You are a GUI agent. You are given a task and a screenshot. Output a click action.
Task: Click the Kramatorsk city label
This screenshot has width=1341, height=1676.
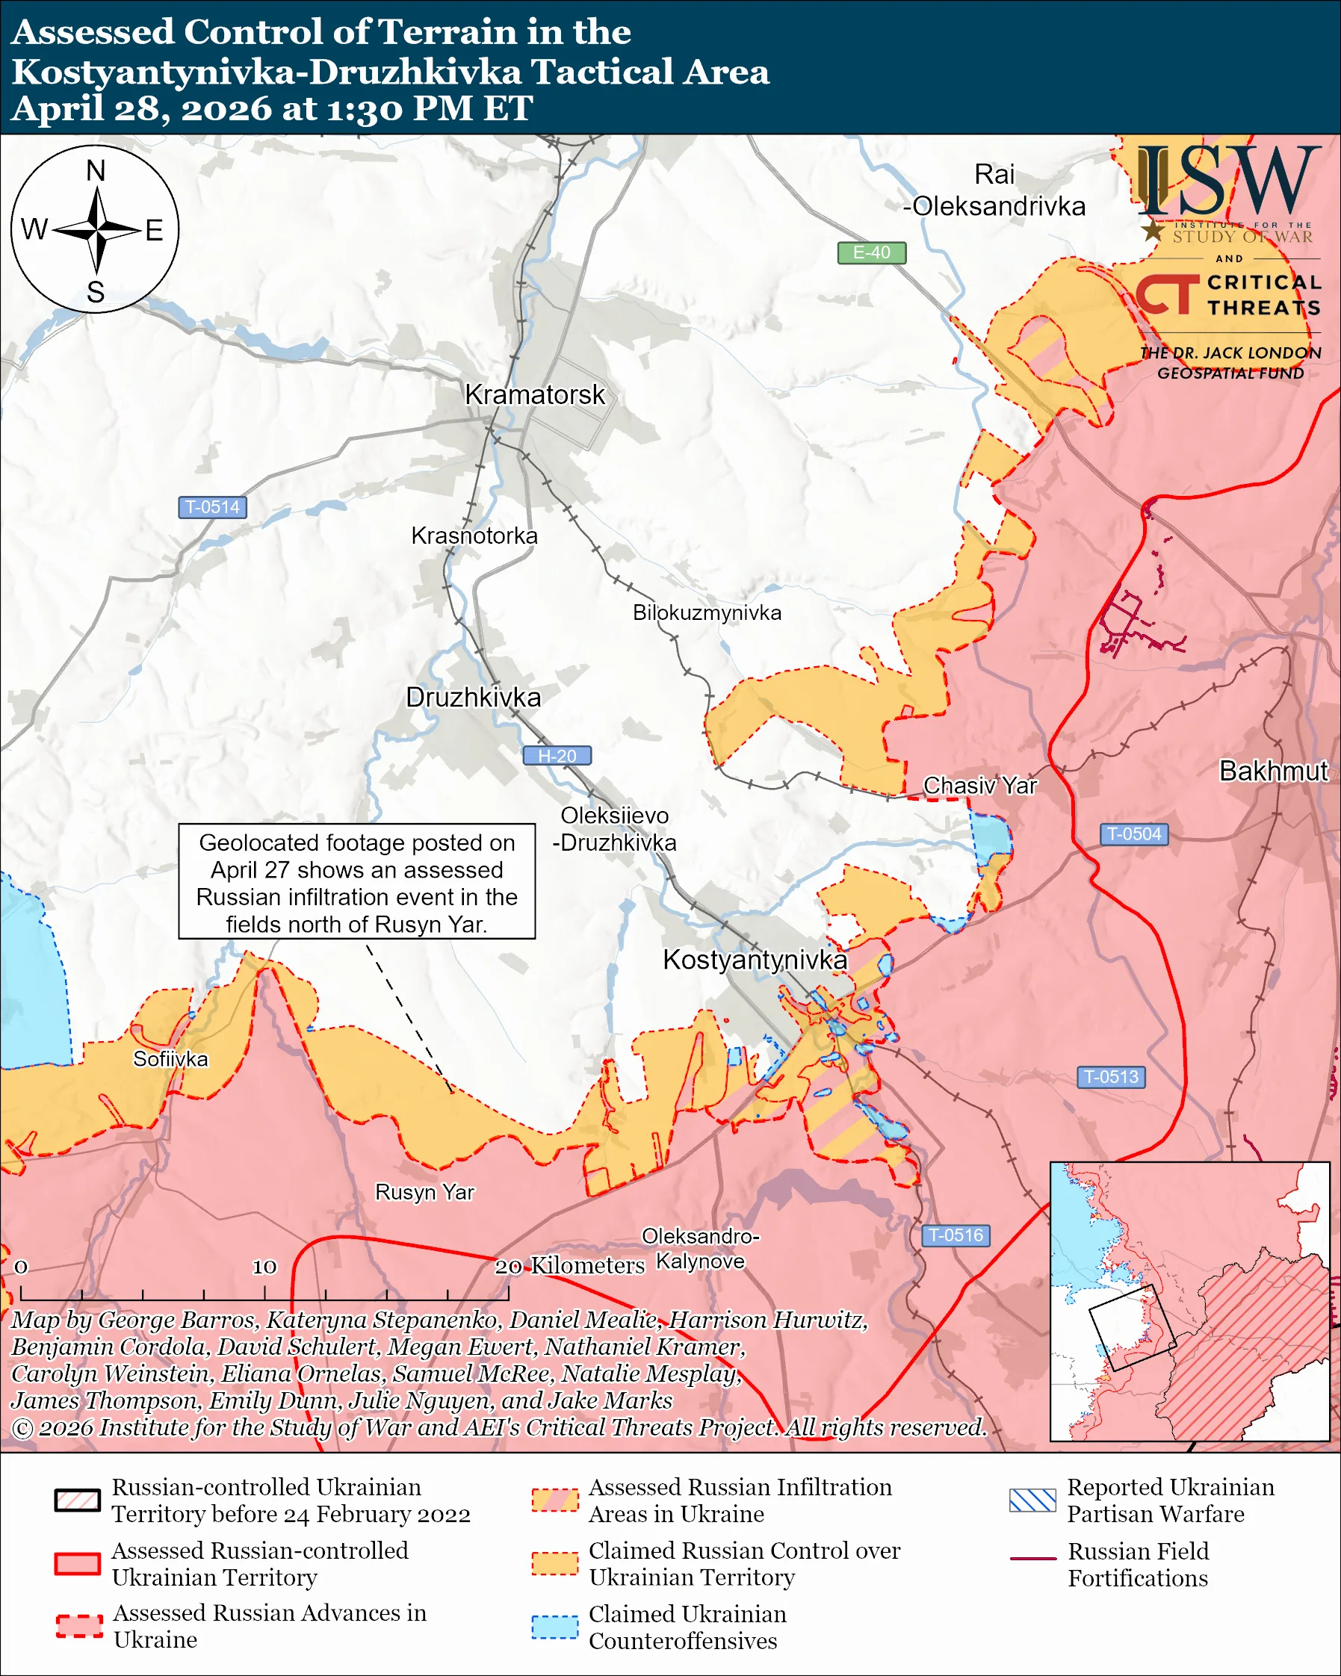pos(534,395)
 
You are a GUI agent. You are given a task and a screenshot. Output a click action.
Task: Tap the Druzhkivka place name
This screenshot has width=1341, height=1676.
pos(473,698)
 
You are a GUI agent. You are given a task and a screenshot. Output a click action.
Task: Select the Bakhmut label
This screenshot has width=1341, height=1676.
pos(1273,771)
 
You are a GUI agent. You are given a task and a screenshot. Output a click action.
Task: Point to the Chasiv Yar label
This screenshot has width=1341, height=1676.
pos(979,786)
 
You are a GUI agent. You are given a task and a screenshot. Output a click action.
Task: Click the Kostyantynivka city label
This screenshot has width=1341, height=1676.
pos(754,960)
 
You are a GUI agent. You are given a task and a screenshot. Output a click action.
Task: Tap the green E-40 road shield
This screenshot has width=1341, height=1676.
pos(870,252)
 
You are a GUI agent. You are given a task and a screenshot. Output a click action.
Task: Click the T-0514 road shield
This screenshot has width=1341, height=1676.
pos(212,507)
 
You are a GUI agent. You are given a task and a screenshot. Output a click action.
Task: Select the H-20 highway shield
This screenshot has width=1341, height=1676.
pos(557,756)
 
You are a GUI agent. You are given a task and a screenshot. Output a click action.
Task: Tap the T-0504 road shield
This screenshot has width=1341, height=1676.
pos(1133,834)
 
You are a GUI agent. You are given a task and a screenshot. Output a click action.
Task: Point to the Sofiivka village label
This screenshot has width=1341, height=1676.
pos(170,1059)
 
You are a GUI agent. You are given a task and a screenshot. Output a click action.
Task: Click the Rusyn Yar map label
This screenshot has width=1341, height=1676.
pos(424,1193)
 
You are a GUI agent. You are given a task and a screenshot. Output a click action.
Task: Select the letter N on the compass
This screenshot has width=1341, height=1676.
pos(96,171)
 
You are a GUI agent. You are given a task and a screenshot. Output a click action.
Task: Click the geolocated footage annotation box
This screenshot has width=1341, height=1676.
pos(357,881)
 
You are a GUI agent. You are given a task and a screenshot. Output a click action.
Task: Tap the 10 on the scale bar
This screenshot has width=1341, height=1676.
pos(264,1267)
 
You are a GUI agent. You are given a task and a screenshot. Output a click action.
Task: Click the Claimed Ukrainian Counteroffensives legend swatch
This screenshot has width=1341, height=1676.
pos(554,1627)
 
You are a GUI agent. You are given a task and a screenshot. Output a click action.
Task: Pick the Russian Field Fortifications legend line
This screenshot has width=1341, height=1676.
pos(1032,1559)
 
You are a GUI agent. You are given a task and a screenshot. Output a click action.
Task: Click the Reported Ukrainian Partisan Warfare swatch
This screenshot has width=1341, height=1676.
pos(1032,1500)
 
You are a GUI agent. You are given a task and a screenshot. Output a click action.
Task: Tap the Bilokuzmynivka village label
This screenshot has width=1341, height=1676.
pos(707,612)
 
